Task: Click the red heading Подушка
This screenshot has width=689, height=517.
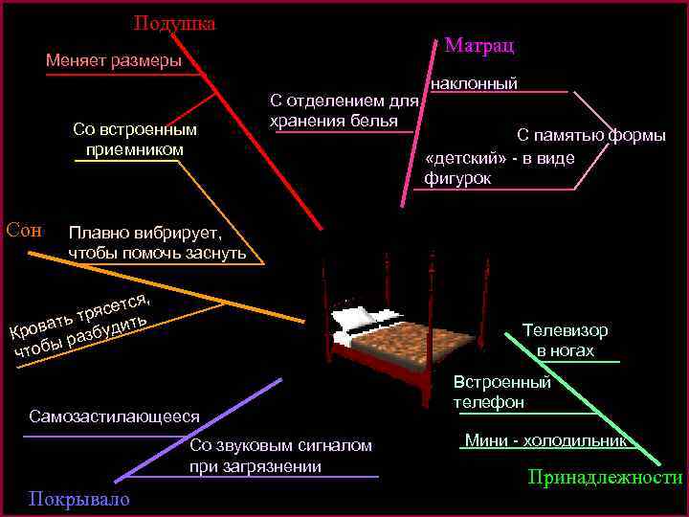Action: (174, 23)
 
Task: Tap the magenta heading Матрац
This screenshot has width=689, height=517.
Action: (480, 45)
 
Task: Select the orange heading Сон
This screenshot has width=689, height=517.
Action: (24, 229)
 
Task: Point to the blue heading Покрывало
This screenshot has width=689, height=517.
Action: (79, 500)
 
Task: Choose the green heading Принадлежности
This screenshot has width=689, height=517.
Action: (605, 478)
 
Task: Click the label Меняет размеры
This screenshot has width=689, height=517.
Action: (113, 61)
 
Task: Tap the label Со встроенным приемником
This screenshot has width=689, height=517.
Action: (134, 140)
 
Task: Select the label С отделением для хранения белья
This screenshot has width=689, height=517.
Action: (344, 110)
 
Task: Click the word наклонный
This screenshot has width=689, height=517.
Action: (475, 83)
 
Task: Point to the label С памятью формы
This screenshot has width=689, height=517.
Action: (591, 135)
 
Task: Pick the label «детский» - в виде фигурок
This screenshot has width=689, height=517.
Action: (499, 168)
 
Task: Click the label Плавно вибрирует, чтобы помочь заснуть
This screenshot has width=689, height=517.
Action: (157, 243)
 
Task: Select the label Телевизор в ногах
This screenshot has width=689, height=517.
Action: (565, 340)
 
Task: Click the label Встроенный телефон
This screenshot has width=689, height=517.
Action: (502, 392)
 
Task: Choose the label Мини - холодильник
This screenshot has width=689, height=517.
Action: (545, 441)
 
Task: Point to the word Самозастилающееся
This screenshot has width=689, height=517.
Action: (114, 416)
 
